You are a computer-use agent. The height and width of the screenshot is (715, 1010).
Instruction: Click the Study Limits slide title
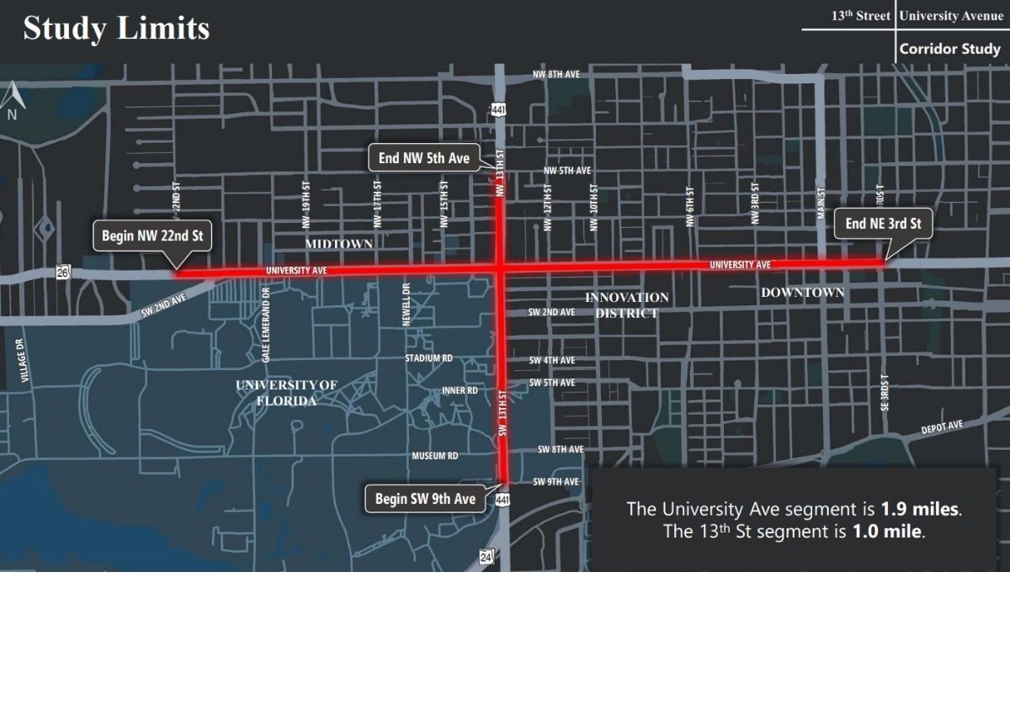pos(116,28)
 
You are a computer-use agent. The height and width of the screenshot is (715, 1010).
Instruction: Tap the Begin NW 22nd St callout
pos(152,236)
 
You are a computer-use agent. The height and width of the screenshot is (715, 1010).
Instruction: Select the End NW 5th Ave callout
pos(423,157)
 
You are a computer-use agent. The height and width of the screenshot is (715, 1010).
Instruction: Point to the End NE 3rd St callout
pos(883,224)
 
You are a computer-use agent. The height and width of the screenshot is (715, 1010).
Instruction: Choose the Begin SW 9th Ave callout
pos(425,499)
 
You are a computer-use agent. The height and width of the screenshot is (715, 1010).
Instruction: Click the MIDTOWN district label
pos(338,244)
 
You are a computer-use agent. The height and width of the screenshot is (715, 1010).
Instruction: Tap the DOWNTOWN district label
pos(802,293)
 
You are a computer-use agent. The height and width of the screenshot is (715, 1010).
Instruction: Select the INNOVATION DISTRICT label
pos(627,305)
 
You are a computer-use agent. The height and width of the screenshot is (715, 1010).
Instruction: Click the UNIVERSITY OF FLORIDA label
pos(286,393)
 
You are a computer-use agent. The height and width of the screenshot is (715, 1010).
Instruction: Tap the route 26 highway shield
pos(63,272)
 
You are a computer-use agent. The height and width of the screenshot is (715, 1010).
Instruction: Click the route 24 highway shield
pos(486,556)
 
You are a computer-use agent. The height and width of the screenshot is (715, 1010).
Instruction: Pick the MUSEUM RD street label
pos(434,456)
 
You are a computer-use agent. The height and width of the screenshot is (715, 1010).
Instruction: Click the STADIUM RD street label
pos(428,358)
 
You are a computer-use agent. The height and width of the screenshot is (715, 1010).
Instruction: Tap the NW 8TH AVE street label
pos(555,75)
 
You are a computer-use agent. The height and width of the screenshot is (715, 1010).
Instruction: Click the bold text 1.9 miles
pos(920,509)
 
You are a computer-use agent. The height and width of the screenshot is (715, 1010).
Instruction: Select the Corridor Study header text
pos(949,49)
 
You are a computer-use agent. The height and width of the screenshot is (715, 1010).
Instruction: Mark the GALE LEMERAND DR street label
pos(266,325)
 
